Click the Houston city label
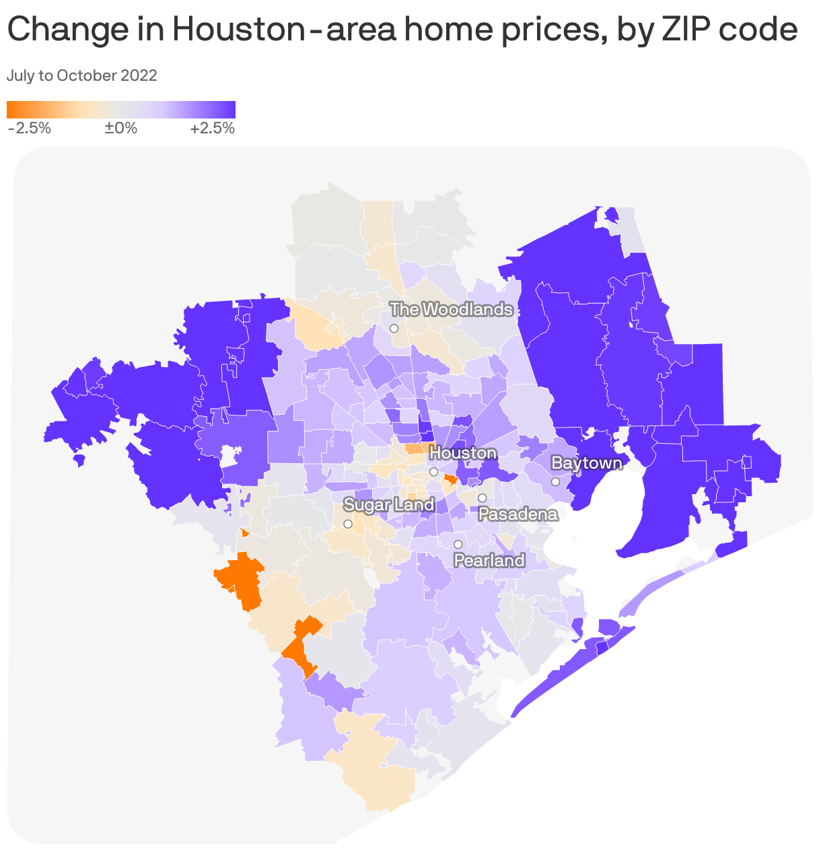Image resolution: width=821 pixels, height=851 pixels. click(x=463, y=453)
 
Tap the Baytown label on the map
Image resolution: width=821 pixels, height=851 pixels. click(x=586, y=463)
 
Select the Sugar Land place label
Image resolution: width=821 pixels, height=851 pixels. click(x=389, y=504)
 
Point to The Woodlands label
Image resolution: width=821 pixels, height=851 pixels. click(x=452, y=310)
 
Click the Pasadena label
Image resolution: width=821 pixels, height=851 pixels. click(x=518, y=515)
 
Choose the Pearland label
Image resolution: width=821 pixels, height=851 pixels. click(x=489, y=561)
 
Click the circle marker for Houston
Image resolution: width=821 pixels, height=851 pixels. click(x=434, y=472)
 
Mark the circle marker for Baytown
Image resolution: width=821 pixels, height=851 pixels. click(x=556, y=481)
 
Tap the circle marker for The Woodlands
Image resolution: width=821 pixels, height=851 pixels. click(x=394, y=329)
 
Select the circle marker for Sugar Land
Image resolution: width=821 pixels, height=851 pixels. click(x=348, y=524)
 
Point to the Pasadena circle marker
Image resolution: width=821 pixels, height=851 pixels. click(x=483, y=498)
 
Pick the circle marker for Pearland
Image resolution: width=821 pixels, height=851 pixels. click(x=458, y=544)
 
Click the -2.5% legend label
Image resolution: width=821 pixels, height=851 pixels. click(x=30, y=129)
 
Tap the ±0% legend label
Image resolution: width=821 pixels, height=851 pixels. click(x=121, y=129)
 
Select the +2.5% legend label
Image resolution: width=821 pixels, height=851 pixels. click(x=213, y=129)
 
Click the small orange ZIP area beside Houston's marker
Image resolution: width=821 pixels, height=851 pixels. click(x=450, y=479)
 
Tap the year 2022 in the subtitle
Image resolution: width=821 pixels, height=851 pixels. click(x=139, y=75)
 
